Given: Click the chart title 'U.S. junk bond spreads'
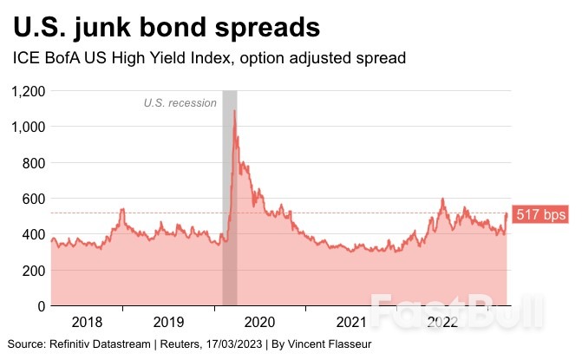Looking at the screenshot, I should (x=167, y=28).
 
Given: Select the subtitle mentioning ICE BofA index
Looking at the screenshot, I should (x=209, y=59).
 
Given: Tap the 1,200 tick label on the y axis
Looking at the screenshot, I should (x=28, y=91).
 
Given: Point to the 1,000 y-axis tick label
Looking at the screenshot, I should (x=28, y=127).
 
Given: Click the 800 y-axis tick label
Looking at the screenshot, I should (x=34, y=163).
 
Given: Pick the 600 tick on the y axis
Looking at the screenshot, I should (x=34, y=199).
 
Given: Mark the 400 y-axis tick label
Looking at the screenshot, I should (x=34, y=234).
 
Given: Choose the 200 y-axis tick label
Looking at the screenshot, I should (x=34, y=271).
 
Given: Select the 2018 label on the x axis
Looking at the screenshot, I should (x=87, y=322).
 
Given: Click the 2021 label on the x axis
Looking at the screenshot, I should (x=350, y=322).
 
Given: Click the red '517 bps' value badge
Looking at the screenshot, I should (x=540, y=214).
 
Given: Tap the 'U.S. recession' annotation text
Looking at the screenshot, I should (x=180, y=103).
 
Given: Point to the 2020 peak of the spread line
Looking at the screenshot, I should (x=234, y=112).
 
